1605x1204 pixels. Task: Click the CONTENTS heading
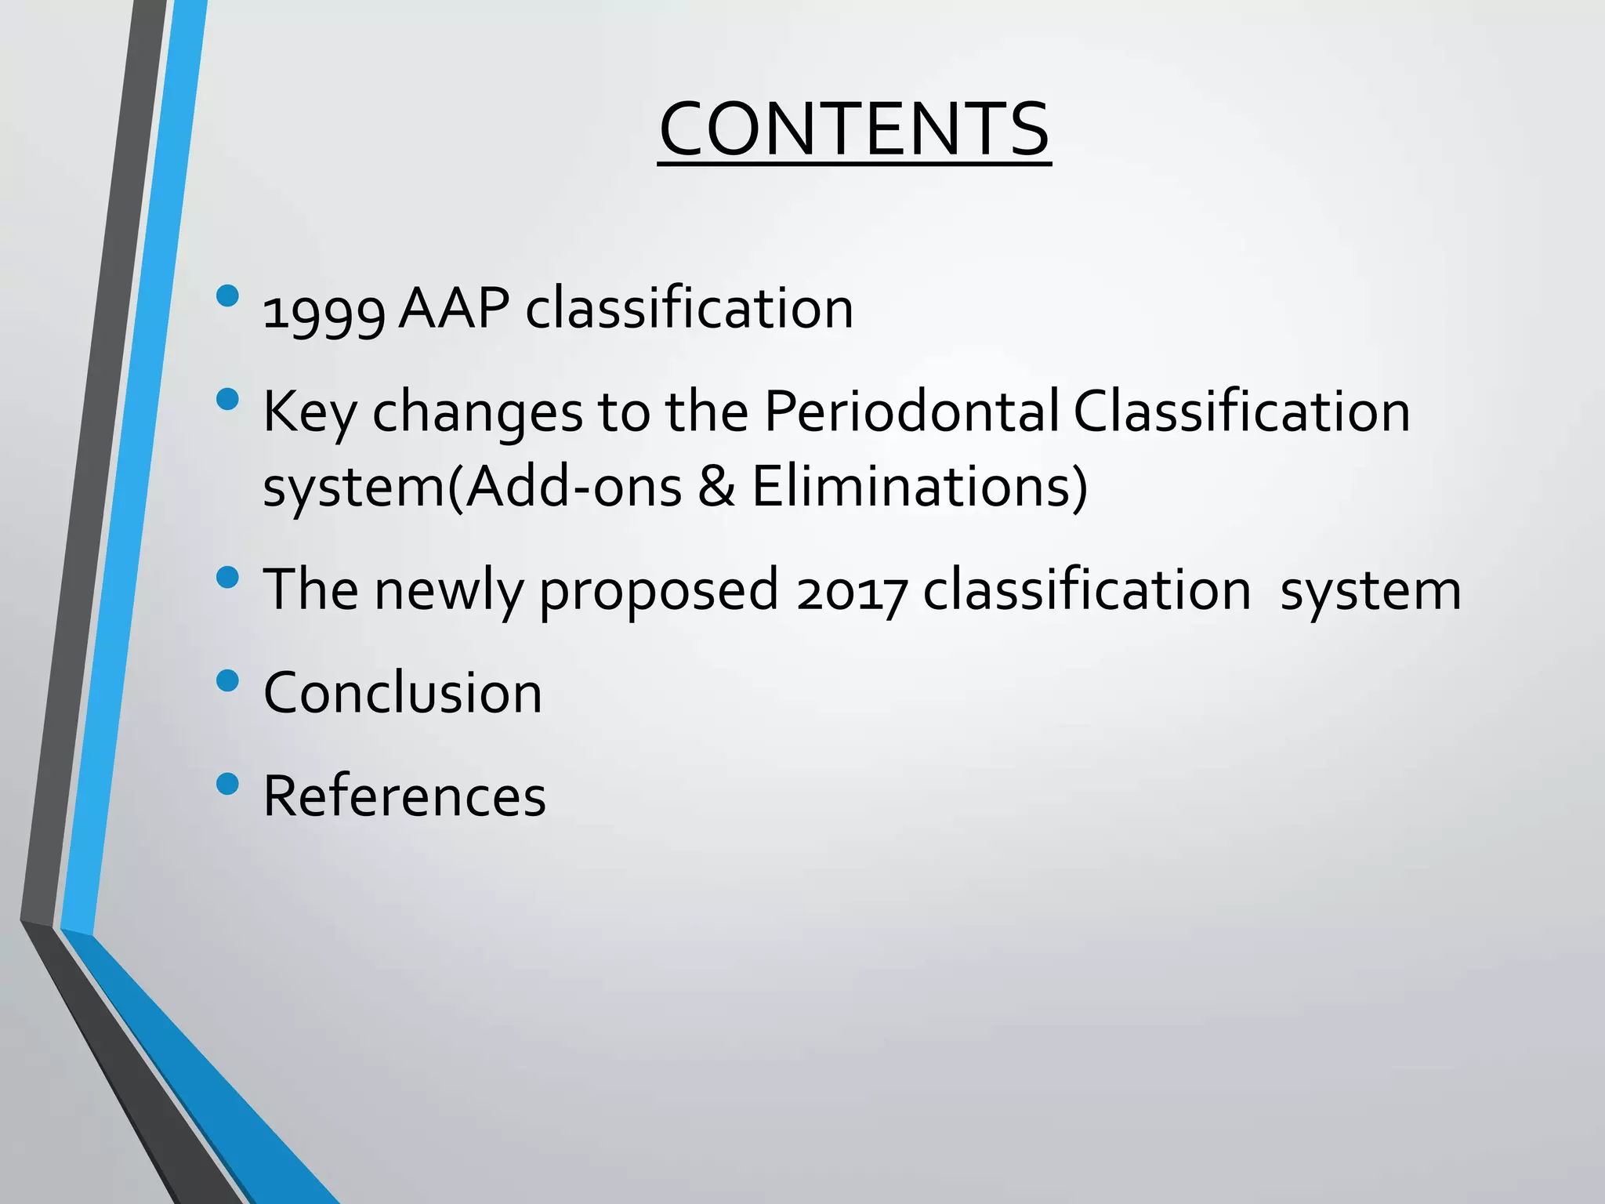point(854,129)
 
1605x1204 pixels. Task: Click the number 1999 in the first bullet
point(324,311)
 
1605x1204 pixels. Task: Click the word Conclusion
point(403,693)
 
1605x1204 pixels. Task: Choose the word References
point(404,796)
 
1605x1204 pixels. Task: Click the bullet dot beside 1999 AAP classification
point(227,296)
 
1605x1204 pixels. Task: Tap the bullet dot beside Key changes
point(227,399)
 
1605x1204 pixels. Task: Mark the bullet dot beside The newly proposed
point(227,578)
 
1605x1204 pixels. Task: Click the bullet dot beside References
point(227,783)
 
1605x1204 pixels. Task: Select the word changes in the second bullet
point(477,413)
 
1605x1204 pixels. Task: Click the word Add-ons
point(576,487)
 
